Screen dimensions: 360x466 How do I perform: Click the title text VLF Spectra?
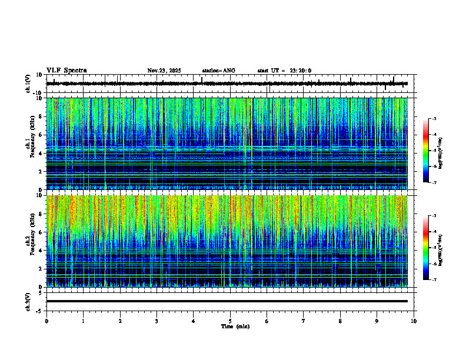tap(66, 71)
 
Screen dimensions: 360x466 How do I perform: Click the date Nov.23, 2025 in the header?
tap(164, 71)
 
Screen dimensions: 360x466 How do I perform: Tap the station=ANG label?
tap(218, 71)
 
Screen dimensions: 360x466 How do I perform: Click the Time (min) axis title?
tap(235, 326)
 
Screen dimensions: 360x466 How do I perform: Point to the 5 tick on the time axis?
tap(230, 321)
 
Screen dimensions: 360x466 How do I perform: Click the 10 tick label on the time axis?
tap(414, 321)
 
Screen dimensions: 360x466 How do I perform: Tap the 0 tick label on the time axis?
tap(46, 321)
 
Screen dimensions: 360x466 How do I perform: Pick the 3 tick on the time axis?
tap(157, 321)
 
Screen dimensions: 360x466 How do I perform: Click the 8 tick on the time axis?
tap(340, 321)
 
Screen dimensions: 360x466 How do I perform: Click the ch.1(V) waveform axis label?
tap(28, 84)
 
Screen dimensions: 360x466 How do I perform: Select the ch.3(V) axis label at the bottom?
tap(28, 301)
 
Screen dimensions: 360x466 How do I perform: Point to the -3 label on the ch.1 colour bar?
tap(434, 119)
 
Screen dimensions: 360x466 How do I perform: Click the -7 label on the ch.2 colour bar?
tap(434, 280)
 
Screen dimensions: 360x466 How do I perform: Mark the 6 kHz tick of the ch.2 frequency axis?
tap(42, 232)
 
